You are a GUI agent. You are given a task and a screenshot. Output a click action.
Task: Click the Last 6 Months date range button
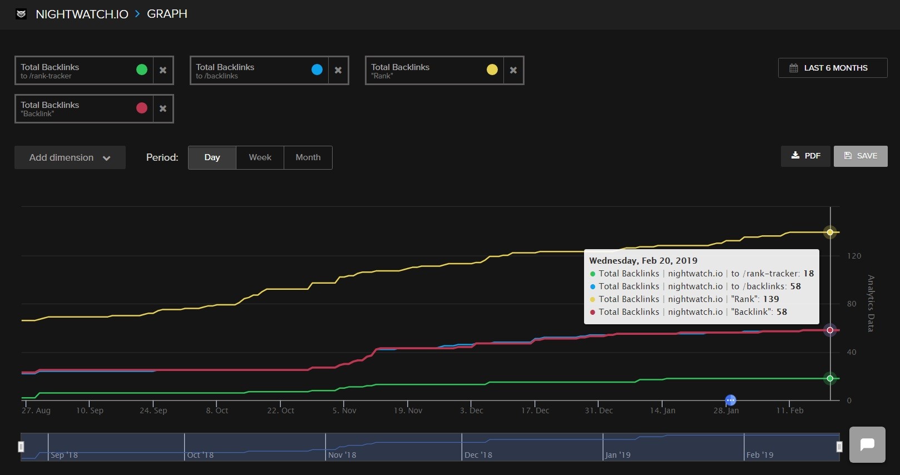832,68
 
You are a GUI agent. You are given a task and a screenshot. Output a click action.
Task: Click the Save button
860,156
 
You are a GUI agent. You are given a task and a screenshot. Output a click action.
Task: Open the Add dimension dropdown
70,157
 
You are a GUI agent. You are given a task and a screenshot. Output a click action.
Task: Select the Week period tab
260,157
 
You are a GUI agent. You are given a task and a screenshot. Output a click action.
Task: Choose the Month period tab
308,157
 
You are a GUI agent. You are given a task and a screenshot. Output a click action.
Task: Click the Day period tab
212,157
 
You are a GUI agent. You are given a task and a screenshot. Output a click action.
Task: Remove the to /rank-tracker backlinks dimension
163,70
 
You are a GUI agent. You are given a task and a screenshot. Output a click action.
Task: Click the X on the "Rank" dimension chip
513,70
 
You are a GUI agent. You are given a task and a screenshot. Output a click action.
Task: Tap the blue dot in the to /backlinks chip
317,70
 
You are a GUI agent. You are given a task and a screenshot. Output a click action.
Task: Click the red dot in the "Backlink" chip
142,108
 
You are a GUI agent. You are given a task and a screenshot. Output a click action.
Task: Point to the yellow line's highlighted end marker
830,232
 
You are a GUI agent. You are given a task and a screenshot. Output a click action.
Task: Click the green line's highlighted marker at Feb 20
830,378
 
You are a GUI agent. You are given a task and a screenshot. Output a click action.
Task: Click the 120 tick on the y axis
854,256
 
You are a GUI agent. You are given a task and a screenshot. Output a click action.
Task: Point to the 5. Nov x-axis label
344,410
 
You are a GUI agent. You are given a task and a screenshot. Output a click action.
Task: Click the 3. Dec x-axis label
472,410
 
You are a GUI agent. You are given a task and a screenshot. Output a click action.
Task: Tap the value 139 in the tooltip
771,299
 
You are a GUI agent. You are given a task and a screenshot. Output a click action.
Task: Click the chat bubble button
867,444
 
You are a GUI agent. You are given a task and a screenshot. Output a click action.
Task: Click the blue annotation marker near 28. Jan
730,400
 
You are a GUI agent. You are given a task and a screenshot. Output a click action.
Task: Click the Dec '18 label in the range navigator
478,455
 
